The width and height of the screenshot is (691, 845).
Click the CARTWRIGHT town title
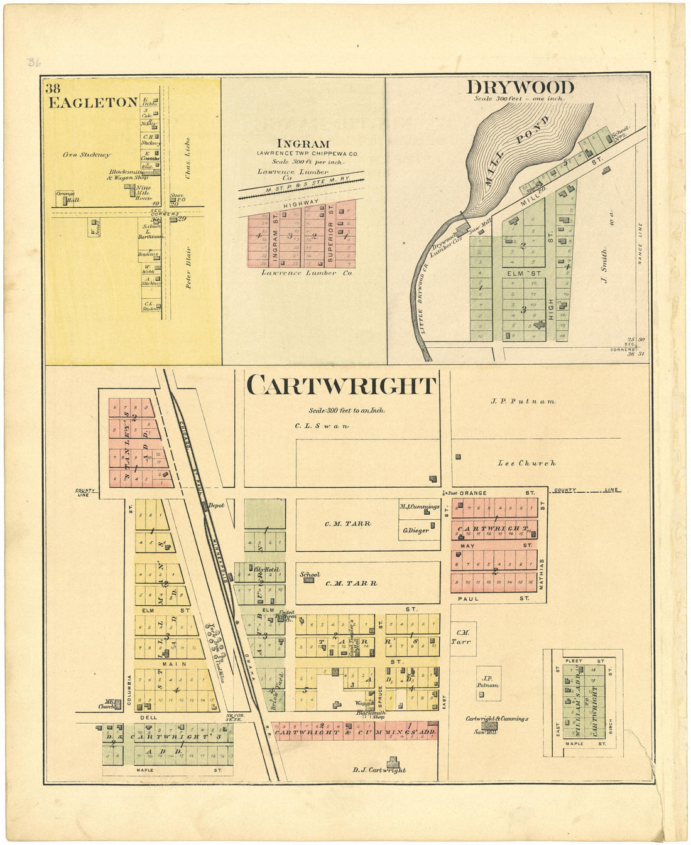pyautogui.click(x=341, y=385)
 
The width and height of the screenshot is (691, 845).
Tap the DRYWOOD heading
pyautogui.click(x=520, y=87)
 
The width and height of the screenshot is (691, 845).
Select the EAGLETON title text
pyautogui.click(x=92, y=103)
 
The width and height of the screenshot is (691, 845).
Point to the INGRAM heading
pyautogui.click(x=303, y=144)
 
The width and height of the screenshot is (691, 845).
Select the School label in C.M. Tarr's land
pyautogui.click(x=310, y=574)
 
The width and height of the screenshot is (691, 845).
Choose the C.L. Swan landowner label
pyautogui.click(x=322, y=426)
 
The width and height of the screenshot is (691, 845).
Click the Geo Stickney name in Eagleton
pyautogui.click(x=87, y=154)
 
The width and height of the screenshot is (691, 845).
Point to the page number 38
pyautogui.click(x=53, y=89)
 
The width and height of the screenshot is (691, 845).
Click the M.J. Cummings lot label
pyautogui.click(x=420, y=506)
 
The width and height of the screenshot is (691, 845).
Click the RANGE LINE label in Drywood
pyautogui.click(x=640, y=244)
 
